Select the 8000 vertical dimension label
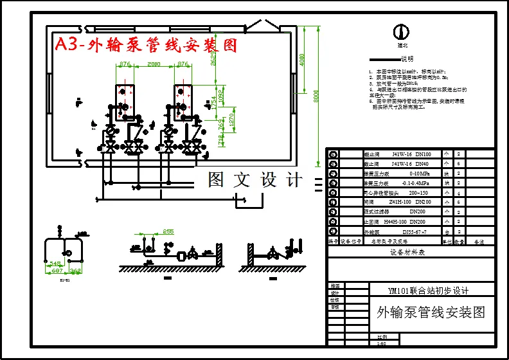click(316, 96)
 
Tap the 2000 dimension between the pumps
click(154, 64)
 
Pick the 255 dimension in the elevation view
click(168, 231)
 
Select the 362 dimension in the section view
click(75, 271)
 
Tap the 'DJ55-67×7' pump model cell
click(414, 231)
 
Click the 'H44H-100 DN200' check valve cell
click(412, 221)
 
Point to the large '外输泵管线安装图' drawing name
click(431, 312)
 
